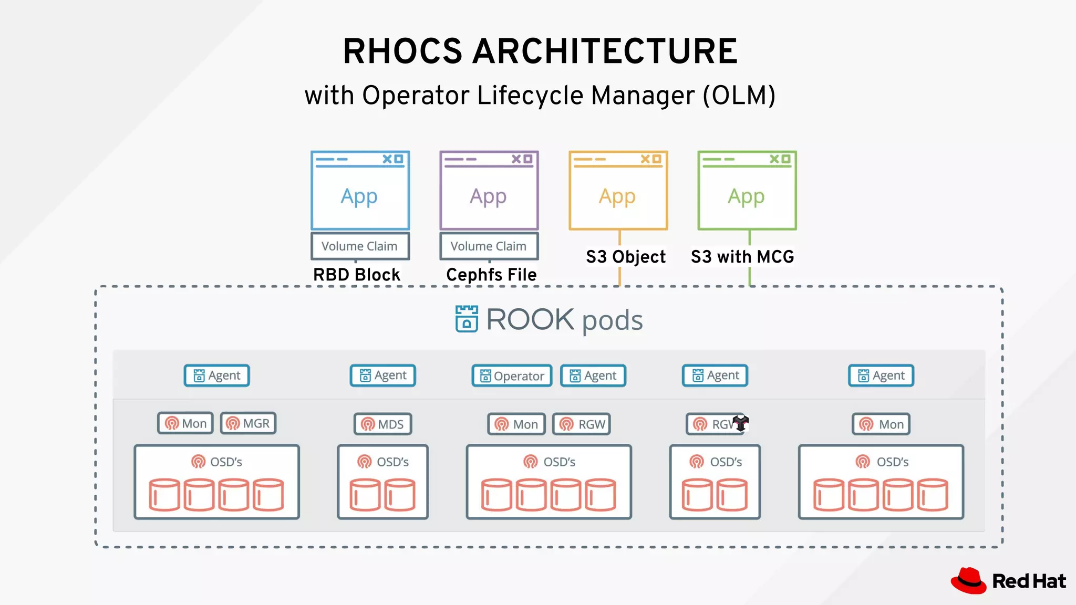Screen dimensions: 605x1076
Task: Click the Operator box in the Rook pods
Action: tap(512, 376)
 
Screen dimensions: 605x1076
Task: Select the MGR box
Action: tap(248, 423)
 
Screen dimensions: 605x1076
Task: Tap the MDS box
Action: tap(382, 424)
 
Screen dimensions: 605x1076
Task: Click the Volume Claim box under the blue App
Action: tap(360, 246)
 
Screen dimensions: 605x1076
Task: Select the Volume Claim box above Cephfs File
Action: tap(489, 246)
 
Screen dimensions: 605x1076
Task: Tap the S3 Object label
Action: tap(625, 257)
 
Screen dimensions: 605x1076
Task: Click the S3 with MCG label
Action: tap(742, 257)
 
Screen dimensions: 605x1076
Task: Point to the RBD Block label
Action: tap(356, 275)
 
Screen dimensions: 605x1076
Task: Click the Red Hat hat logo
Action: tap(968, 581)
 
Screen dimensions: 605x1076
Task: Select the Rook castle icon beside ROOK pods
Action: tap(467, 319)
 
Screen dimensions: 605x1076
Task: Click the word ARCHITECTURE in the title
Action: tap(605, 51)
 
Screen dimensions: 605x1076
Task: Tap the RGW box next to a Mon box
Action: tap(582, 424)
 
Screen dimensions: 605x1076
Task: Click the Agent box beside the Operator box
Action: tap(593, 376)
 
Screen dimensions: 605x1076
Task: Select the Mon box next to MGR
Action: tap(185, 423)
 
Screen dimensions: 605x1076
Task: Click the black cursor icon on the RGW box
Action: tap(740, 423)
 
